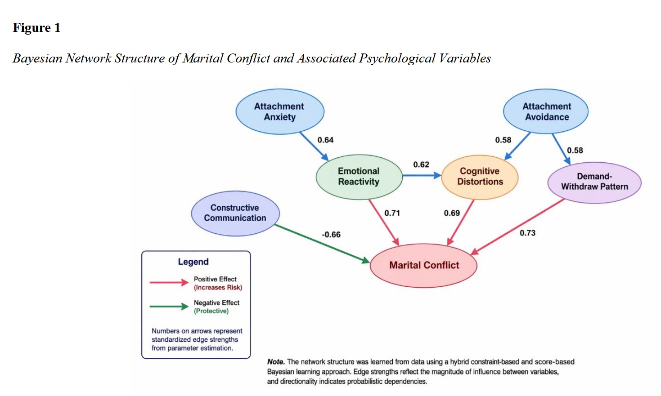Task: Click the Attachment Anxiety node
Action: pos(279,111)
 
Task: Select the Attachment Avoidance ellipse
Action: pos(546,111)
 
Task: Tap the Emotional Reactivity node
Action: pos(359,177)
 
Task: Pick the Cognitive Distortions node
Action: pos(480,177)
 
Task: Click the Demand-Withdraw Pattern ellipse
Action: pos(594,182)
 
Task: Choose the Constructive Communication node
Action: pos(235,213)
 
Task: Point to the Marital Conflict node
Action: pos(423,265)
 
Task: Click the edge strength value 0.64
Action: pos(325,140)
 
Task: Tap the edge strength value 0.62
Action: pos(421,165)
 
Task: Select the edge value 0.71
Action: pos(392,213)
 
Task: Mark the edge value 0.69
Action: pos(452,213)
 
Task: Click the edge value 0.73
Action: pos(527,233)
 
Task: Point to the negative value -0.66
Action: pos(331,235)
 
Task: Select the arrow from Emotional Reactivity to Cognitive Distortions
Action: pos(422,175)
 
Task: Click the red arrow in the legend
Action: pos(169,282)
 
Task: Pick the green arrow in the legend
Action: pos(169,307)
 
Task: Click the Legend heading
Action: pos(193,262)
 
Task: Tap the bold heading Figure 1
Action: pos(36,28)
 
